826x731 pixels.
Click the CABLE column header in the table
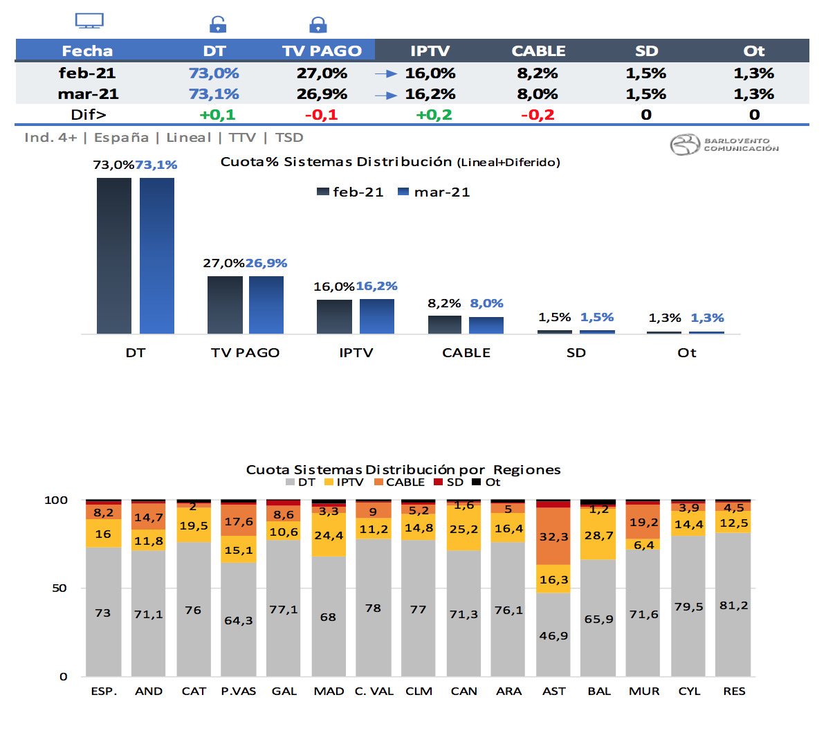click(538, 51)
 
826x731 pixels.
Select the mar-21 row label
click(88, 93)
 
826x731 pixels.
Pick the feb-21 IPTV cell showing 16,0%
click(430, 73)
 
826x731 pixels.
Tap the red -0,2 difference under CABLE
click(538, 114)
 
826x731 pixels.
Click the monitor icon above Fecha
click(89, 21)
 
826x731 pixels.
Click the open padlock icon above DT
click(217, 25)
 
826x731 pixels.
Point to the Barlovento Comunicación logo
click(724, 145)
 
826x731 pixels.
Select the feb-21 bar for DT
click(114, 256)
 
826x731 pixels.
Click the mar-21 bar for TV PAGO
click(266, 305)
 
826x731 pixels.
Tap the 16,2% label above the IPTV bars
click(377, 286)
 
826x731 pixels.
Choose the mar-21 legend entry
click(434, 192)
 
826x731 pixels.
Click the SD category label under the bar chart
click(576, 352)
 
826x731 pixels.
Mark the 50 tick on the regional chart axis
click(59, 588)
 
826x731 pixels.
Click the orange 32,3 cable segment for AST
click(553, 536)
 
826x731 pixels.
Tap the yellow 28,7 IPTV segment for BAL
click(598, 535)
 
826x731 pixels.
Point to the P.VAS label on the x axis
click(238, 691)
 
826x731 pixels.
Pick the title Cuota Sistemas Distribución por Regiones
click(403, 469)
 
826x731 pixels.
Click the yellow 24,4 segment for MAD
click(329, 534)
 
